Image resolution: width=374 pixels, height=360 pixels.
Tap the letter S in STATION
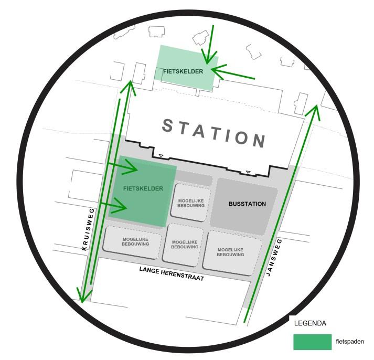[x=167, y=125]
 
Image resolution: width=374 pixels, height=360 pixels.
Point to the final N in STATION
[x=259, y=140]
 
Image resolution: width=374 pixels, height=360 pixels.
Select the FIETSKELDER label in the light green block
[x=183, y=71]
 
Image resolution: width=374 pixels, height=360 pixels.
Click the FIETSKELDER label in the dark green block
[x=143, y=188]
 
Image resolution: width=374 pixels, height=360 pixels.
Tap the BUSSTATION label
[x=247, y=204]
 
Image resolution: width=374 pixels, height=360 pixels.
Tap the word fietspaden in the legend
[x=349, y=342]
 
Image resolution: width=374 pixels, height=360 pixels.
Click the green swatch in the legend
[x=312, y=342]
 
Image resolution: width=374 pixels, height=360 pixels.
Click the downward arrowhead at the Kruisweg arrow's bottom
[x=81, y=296]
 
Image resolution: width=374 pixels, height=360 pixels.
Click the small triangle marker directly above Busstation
[x=248, y=172]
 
